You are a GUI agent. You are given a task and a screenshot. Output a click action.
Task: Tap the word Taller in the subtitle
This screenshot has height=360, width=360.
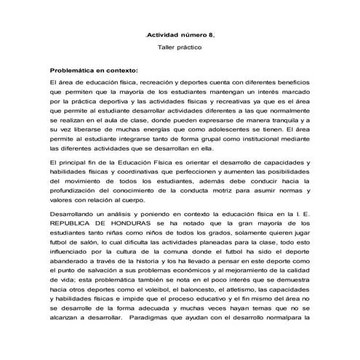pos(169,47)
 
